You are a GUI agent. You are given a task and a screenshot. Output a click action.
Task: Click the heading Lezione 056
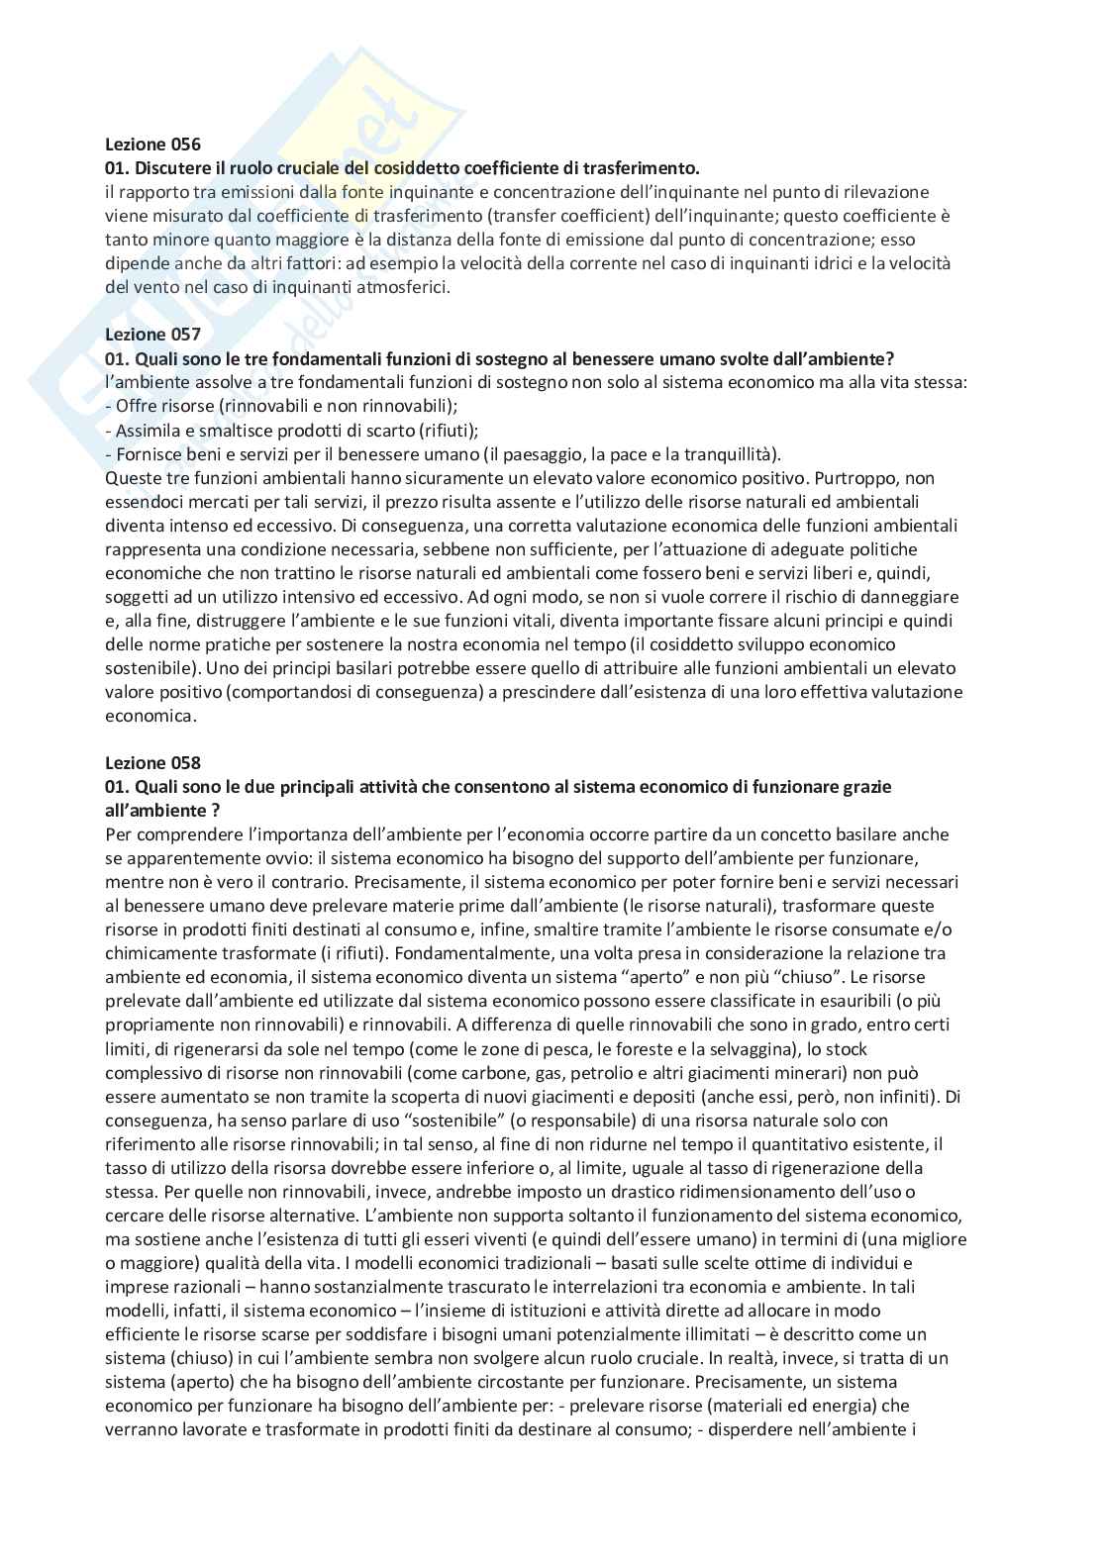click(x=152, y=145)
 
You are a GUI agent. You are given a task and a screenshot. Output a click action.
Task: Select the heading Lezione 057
click(x=152, y=335)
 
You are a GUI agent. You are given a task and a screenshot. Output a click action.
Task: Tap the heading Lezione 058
click(x=152, y=762)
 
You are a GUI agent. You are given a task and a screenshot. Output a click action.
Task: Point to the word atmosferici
click(x=401, y=287)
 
